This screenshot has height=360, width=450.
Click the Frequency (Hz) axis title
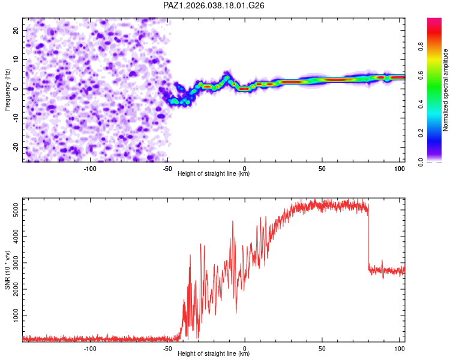pos(7,89)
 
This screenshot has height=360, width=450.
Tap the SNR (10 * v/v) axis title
pos(7,269)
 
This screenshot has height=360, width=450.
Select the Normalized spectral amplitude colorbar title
pos(446,90)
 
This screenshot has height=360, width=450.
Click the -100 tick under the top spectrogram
pos(90,168)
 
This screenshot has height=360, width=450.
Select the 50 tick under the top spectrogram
pos(322,168)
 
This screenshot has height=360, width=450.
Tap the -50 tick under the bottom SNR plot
pos(167,348)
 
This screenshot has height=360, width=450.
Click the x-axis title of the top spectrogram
pos(214,174)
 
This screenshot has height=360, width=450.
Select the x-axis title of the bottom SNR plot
pos(214,354)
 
